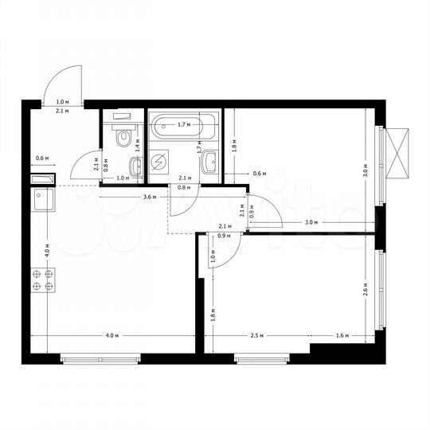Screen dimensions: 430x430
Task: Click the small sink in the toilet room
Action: pos(135,166)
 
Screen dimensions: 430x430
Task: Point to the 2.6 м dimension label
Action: pos(365,288)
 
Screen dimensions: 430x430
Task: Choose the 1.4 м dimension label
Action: pos(137,144)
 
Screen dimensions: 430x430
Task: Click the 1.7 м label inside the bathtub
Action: pos(182,125)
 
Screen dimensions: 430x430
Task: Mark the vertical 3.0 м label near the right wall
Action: pos(365,169)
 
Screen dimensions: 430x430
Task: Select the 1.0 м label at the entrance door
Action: pos(61,103)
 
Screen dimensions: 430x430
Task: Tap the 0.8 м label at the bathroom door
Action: pos(184,188)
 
